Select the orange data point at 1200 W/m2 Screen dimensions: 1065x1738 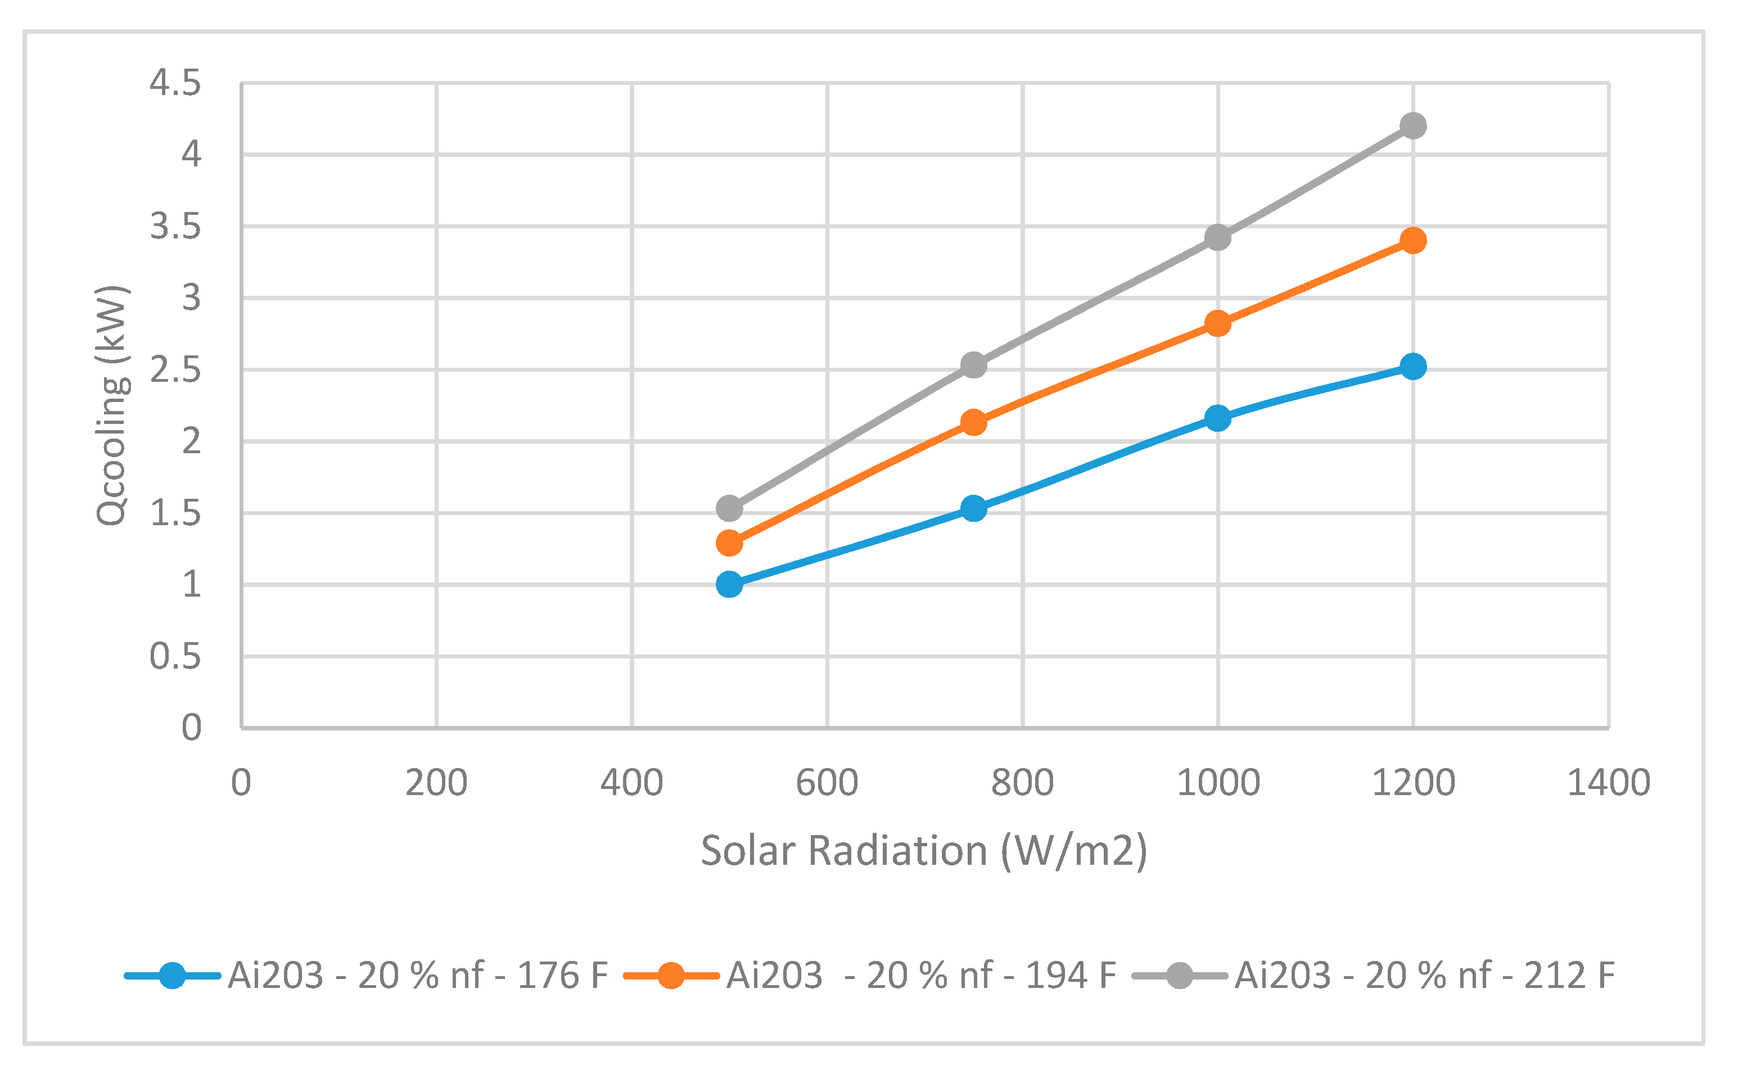click(1413, 241)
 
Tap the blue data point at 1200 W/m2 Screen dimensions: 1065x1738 click(1413, 367)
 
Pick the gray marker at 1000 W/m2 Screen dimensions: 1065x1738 click(1217, 238)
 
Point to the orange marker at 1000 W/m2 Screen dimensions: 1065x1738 click(1217, 324)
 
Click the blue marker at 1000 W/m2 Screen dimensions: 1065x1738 click(1217, 419)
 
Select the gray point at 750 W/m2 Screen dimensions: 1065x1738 click(973, 365)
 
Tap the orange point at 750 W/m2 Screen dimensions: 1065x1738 click(973, 423)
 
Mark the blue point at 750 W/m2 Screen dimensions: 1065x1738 click(973, 508)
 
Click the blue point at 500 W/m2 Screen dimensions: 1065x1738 click(729, 585)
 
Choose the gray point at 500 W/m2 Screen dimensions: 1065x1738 click(729, 508)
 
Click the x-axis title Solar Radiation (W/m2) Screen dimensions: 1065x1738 click(924, 851)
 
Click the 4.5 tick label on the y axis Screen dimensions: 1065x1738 click(175, 83)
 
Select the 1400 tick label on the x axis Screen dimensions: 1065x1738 click(1608, 783)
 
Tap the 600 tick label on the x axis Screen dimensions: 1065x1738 click(827, 783)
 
